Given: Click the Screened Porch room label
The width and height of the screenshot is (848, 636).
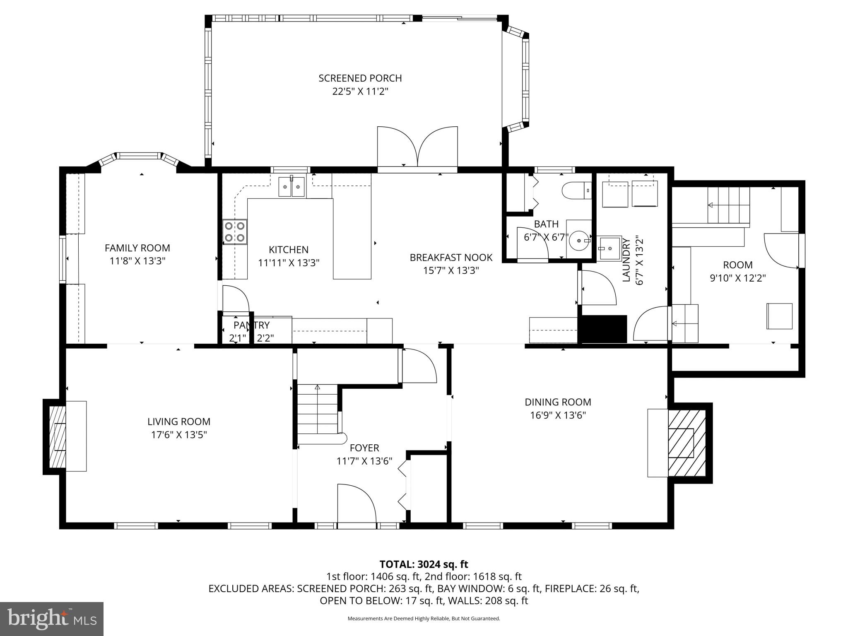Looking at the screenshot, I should [360, 78].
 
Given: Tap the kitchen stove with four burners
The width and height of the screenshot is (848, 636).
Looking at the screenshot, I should [234, 232].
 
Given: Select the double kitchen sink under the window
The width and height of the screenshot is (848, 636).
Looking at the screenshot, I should [291, 187].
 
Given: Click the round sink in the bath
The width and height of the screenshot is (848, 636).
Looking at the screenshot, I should [579, 241].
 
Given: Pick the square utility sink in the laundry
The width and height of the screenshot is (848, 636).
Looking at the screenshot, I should [609, 248].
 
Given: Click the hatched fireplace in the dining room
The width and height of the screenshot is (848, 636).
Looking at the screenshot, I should [686, 443].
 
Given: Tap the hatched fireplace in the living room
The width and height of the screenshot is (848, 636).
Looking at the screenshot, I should [58, 436].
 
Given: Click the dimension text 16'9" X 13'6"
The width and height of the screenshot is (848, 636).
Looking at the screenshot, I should [558, 415].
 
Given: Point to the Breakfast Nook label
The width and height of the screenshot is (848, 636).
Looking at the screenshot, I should [451, 258].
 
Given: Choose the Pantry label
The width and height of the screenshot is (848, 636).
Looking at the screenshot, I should [251, 325].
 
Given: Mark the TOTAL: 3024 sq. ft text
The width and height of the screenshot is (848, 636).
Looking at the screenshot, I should [424, 564].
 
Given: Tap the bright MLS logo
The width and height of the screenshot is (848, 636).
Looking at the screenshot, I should [52, 619].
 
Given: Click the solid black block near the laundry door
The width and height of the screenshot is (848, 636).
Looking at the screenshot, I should [604, 329].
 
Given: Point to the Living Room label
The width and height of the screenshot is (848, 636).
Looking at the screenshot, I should [179, 422].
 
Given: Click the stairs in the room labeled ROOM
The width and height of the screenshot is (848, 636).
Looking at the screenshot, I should [728, 205].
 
